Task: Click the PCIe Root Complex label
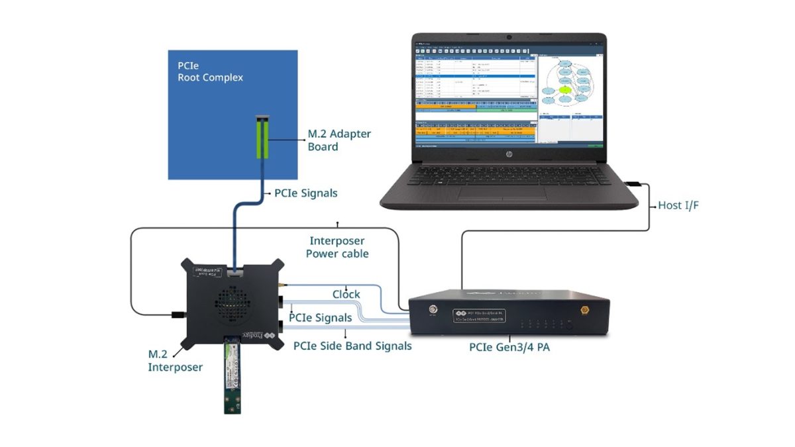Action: (210, 72)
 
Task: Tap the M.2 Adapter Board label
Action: (339, 140)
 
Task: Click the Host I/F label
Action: (678, 206)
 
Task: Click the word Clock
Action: (346, 294)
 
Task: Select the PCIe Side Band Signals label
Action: (352, 346)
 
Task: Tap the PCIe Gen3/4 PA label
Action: (508, 346)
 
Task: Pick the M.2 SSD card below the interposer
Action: (233, 374)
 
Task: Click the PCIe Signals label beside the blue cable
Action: (305, 193)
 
